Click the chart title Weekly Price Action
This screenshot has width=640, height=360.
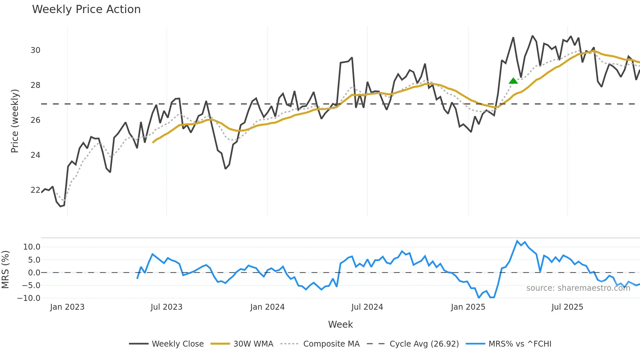click(86, 9)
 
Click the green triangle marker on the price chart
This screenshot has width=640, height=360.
click(513, 81)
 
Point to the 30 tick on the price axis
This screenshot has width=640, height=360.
click(35, 50)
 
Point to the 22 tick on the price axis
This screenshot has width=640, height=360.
click(35, 190)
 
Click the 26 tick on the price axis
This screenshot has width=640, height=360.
click(35, 120)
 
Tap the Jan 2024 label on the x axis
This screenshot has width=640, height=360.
click(267, 307)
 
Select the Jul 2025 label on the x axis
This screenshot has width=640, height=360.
click(567, 307)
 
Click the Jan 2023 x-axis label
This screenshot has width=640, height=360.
click(67, 307)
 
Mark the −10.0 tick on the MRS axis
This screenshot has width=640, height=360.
click(29, 298)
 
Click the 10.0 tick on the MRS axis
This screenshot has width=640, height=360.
click(32, 247)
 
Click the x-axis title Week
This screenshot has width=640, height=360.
click(340, 324)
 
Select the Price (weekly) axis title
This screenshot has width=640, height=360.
click(15, 121)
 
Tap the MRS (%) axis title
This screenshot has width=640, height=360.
click(5, 270)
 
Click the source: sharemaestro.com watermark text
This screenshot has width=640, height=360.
click(578, 288)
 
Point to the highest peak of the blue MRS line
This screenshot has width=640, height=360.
click(517, 241)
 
